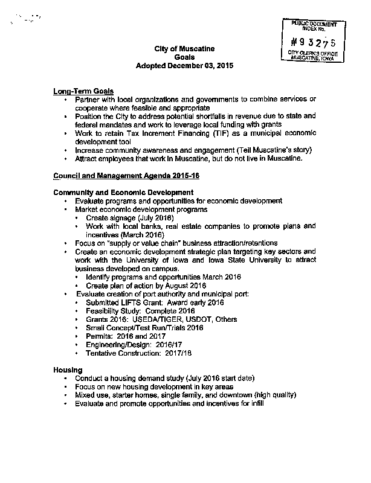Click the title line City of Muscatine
184,48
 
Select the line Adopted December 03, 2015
184,65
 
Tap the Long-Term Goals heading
83,91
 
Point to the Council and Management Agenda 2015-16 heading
126,175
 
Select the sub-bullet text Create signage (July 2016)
130,217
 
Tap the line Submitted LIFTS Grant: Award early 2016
155,302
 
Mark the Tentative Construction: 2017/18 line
143,353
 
